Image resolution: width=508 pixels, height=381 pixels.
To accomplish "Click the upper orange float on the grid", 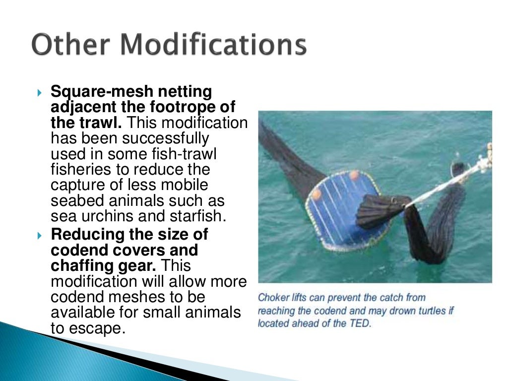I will pyautogui.click(x=354, y=175).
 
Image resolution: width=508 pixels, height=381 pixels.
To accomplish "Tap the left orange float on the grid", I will pyautogui.click(x=317, y=194).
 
